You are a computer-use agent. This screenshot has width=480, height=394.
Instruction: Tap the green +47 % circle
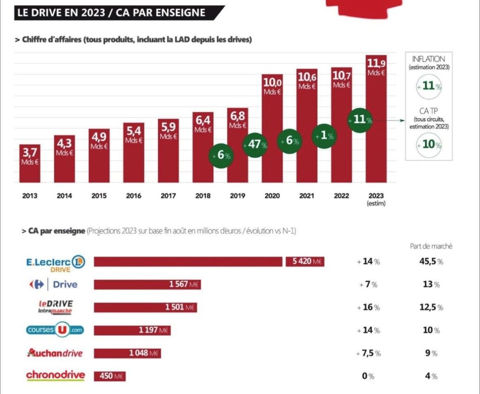(255, 145)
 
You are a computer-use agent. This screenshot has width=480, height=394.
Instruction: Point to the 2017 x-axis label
(168, 196)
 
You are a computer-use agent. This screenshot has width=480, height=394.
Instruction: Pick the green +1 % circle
(324, 136)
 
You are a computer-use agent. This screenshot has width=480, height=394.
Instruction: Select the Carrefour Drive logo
(53, 284)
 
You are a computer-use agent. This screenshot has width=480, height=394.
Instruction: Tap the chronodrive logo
(56, 375)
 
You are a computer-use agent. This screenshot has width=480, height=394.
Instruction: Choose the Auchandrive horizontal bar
(127, 353)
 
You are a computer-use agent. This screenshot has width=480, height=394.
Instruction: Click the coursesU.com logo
(56, 330)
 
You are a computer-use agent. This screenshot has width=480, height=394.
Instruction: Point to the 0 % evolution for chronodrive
(368, 376)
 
